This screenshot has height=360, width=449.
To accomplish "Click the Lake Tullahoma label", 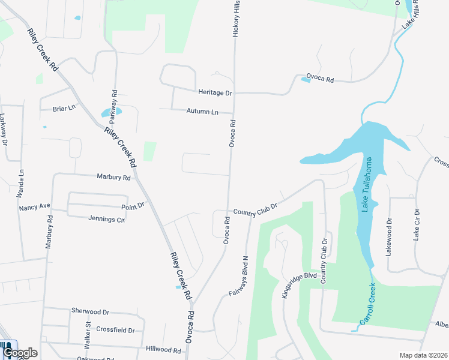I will tap(367, 185).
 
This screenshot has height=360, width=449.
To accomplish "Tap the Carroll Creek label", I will tap(367, 304).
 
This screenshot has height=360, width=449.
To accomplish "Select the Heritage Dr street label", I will tap(215, 93).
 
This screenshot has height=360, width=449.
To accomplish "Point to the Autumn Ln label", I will tap(202, 112).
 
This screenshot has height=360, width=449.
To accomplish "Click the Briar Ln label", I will tap(64, 109).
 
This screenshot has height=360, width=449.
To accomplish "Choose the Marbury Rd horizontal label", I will tap(113, 178).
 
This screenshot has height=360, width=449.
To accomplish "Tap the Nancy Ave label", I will tap(34, 208).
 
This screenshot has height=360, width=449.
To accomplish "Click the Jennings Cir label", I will tap(106, 219).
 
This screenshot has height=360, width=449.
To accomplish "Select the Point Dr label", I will tap(133, 205).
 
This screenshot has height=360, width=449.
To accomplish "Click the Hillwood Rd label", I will tap(163, 349).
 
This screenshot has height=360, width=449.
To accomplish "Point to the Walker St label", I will tap(87, 335).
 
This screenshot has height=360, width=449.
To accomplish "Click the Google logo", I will tap(19, 353).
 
